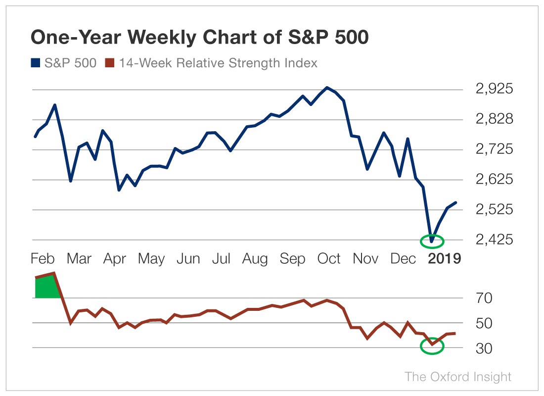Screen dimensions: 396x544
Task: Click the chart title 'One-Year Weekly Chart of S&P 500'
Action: [199, 38]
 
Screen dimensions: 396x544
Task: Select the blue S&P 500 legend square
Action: [35, 63]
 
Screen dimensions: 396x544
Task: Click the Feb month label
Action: [43, 258]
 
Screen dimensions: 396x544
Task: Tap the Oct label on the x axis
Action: [328, 258]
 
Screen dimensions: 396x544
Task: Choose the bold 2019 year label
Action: [444, 258]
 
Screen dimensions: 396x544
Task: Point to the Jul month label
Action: [222, 258]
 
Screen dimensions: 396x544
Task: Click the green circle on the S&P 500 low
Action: [432, 241]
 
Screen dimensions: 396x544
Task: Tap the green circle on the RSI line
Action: [432, 346]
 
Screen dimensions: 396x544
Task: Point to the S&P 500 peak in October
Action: [326, 88]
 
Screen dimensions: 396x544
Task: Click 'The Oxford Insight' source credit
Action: [458, 377]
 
